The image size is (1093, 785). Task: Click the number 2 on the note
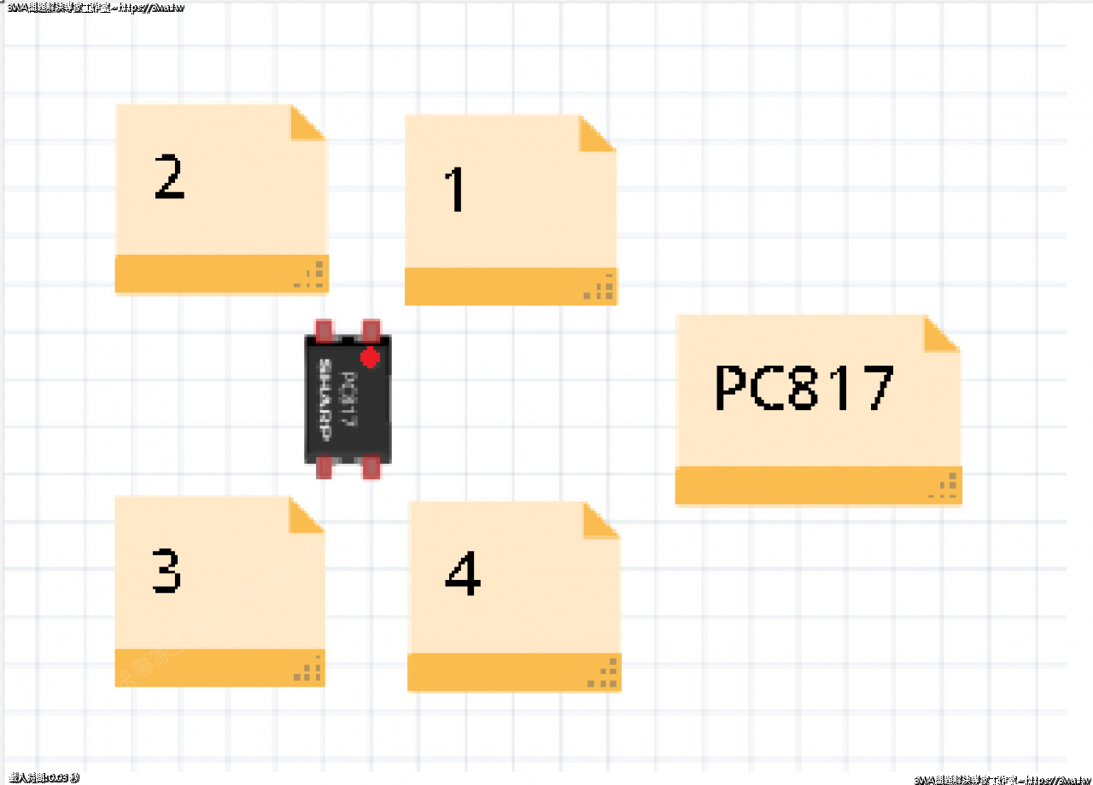pyautogui.click(x=169, y=178)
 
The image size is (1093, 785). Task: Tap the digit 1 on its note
pyautogui.click(x=456, y=190)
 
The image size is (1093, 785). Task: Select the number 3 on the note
pyautogui.click(x=167, y=571)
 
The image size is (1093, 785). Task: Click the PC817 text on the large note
pyautogui.click(x=804, y=389)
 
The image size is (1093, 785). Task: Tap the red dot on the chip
pyautogui.click(x=370, y=356)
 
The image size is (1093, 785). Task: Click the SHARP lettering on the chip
pyautogui.click(x=325, y=398)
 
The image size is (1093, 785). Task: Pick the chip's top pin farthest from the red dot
pyautogui.click(x=324, y=330)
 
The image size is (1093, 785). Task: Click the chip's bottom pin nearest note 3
pyautogui.click(x=324, y=467)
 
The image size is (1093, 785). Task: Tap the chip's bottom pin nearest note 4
pyautogui.click(x=371, y=467)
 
